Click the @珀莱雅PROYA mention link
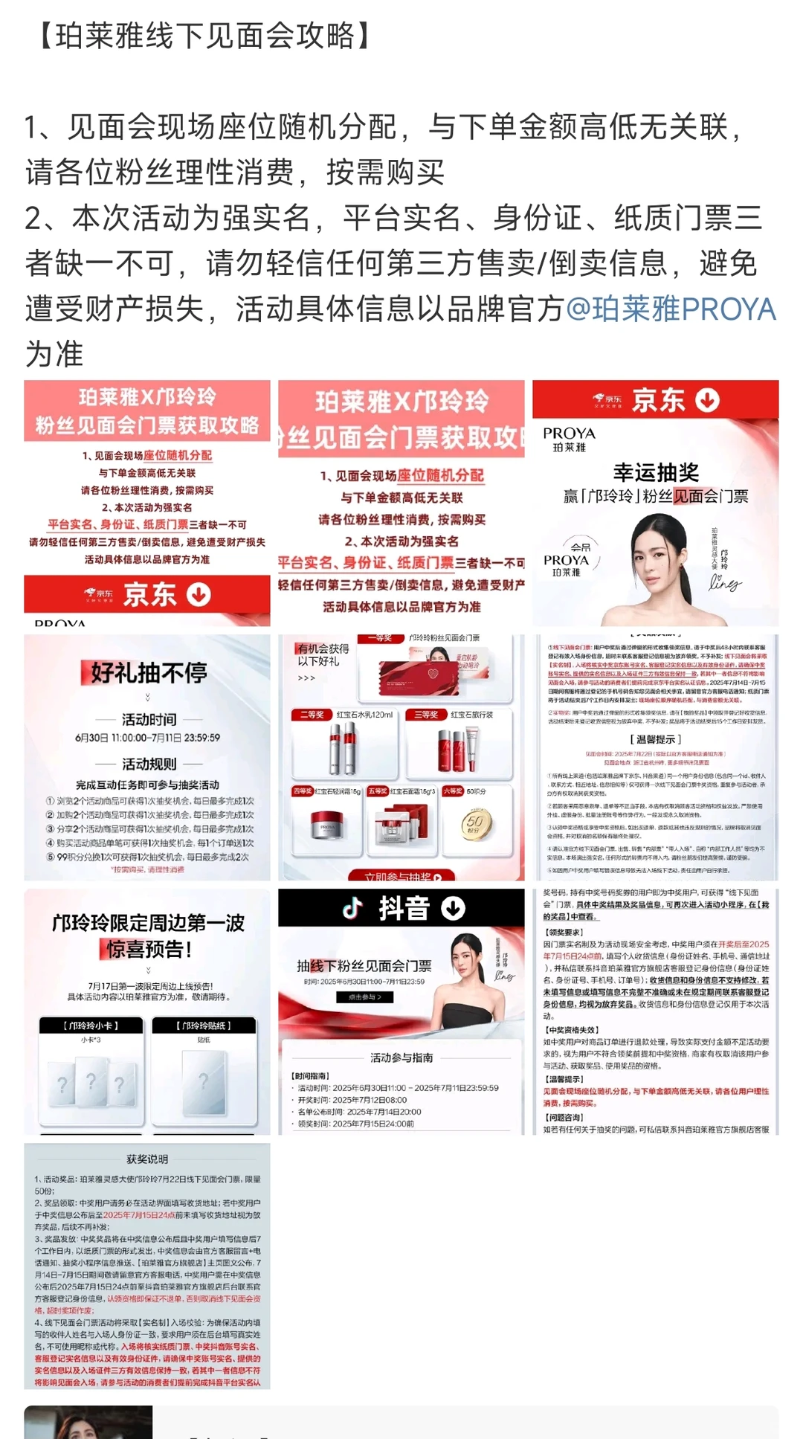click(x=671, y=309)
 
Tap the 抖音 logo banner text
click(x=404, y=908)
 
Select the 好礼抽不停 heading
click(x=147, y=672)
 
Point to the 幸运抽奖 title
click(x=656, y=472)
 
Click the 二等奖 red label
click(x=312, y=715)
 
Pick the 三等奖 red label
click(x=427, y=715)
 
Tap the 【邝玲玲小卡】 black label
click(x=91, y=1026)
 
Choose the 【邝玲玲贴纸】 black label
click(x=204, y=1026)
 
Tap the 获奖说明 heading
click(x=147, y=1159)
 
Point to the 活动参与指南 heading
click(x=401, y=1057)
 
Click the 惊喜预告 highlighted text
click(x=149, y=950)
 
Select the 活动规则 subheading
click(x=149, y=764)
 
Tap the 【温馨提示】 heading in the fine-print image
click(x=655, y=739)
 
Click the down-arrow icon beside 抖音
click(x=454, y=908)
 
